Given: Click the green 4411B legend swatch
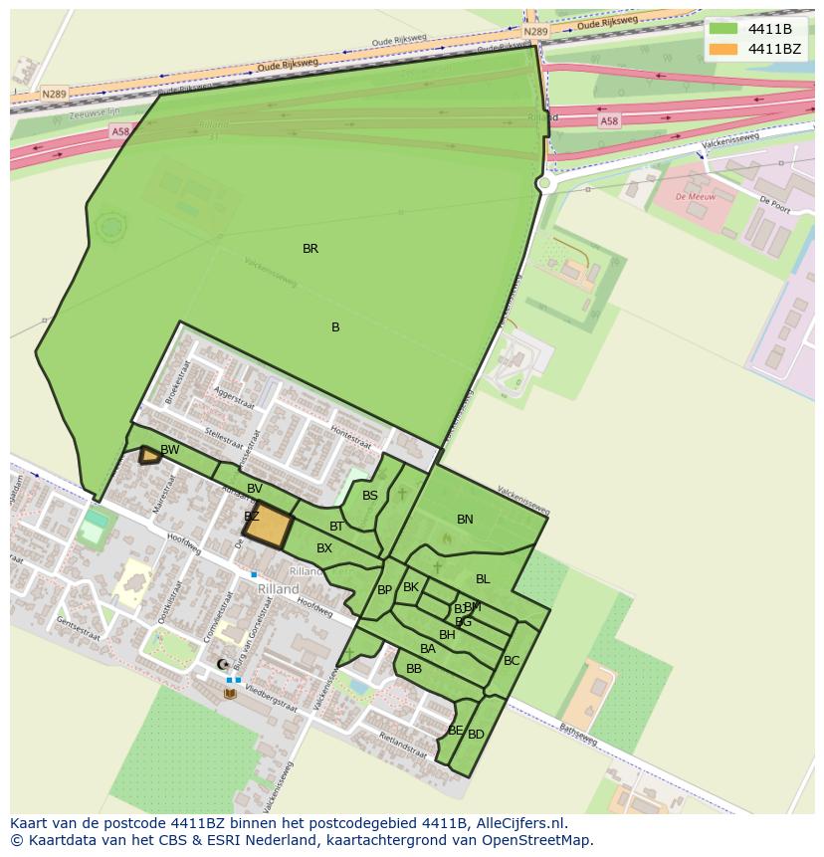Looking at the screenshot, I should (723, 29).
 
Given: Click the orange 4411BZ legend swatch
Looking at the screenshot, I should (723, 49).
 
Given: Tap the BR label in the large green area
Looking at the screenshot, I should (310, 249).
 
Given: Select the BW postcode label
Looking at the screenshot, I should (170, 450).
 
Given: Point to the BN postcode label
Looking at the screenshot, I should (465, 520).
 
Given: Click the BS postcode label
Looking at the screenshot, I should (370, 496).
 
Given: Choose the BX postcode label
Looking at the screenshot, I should (324, 548).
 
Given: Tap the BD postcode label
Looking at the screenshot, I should (476, 735).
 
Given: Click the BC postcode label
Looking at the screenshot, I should (512, 661).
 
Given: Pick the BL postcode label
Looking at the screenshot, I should (483, 579).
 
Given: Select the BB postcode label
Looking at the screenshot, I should (414, 669).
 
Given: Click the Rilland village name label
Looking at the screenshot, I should (279, 589).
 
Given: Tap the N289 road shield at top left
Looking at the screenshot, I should (54, 95).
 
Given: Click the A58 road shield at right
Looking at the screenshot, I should (609, 120).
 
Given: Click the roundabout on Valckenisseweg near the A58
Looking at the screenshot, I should (544, 183).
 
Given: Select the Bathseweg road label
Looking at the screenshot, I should (577, 736).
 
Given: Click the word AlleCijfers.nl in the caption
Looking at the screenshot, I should (516, 823).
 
